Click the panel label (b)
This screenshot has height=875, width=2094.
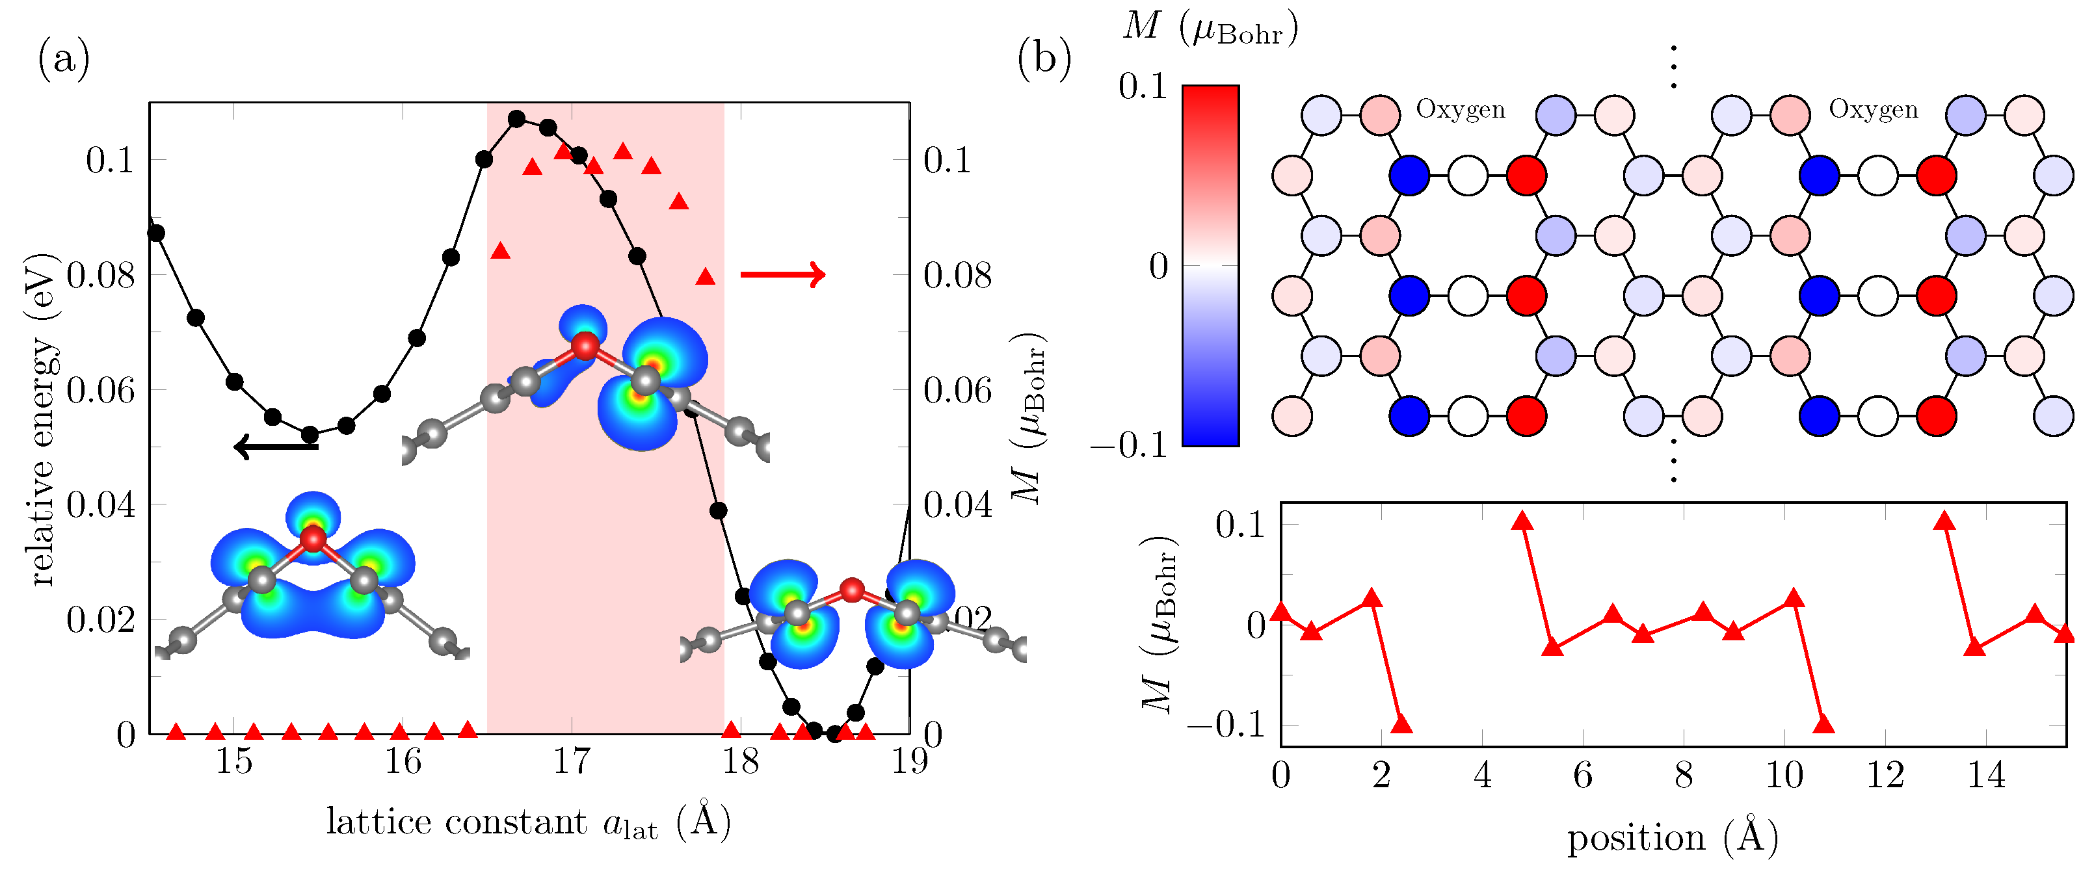click(x=1044, y=59)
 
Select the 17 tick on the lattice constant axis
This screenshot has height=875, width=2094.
click(x=572, y=762)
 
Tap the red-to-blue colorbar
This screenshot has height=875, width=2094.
click(x=1210, y=266)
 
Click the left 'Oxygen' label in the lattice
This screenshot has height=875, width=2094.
click(x=1460, y=110)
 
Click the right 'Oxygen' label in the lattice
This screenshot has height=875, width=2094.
click(x=1873, y=110)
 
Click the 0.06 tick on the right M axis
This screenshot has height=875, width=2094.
click(x=957, y=391)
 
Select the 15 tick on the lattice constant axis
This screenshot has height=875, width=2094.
click(x=234, y=762)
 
